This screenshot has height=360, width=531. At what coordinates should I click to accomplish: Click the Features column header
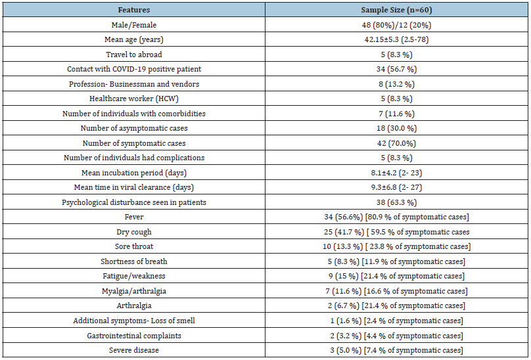point(134,10)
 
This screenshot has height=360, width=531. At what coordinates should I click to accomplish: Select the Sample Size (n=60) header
point(396,10)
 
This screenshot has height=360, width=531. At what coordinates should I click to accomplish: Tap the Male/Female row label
point(134,25)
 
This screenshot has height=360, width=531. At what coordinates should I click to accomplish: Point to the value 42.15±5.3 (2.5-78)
point(396,39)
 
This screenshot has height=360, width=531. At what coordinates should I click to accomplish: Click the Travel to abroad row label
point(134,55)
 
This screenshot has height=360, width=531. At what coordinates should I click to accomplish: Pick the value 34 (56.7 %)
point(396,69)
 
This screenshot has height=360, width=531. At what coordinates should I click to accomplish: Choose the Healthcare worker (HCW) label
point(134,99)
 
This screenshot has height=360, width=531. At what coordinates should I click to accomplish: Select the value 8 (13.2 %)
point(396,84)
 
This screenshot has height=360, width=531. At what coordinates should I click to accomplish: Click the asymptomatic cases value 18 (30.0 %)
point(396,128)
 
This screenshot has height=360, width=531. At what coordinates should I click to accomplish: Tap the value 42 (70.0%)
point(396,143)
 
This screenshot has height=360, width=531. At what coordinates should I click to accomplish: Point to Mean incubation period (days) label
point(134,173)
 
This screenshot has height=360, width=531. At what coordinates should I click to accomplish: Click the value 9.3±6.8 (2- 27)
point(396,187)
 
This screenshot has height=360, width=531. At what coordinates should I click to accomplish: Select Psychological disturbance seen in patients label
point(134,202)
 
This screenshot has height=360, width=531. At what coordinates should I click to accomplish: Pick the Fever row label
point(134,217)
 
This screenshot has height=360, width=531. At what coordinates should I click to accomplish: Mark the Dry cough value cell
point(396,232)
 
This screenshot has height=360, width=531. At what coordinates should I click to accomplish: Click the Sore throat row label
point(134,246)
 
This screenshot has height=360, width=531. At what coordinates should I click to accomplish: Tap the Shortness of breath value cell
point(396,261)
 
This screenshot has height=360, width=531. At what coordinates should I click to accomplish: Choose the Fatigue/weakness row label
point(134,276)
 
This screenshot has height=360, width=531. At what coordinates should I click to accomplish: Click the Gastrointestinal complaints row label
point(134,336)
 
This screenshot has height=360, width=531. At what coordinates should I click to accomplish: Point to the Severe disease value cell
point(396,350)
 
